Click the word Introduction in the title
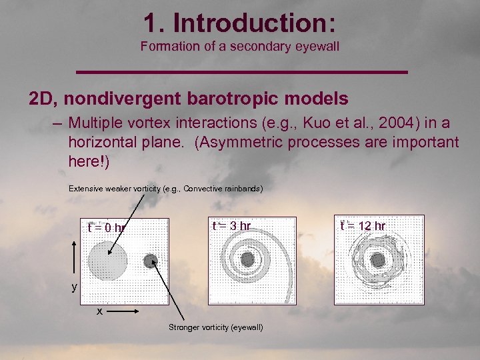pyautogui.click(x=254, y=23)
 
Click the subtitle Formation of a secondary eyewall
pyautogui.click(x=239, y=46)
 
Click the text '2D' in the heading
pyautogui.click(x=41, y=99)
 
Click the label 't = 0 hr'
pyautogui.click(x=107, y=228)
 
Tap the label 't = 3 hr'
pyautogui.click(x=231, y=226)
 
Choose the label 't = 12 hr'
pyautogui.click(x=363, y=226)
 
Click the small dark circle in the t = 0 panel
pyautogui.click(x=151, y=260)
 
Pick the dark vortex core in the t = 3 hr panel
pyautogui.click(x=247, y=258)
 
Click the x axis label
pyautogui.click(x=99, y=311)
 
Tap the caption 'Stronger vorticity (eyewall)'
pyautogui.click(x=215, y=327)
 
